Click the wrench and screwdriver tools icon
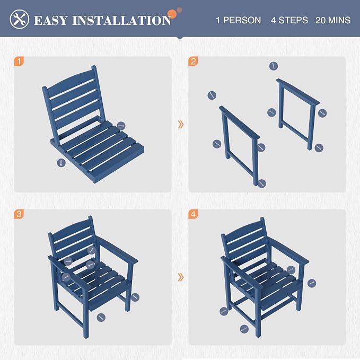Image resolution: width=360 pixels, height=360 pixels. click(20, 19)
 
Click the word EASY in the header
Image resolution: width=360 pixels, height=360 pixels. click(51, 20)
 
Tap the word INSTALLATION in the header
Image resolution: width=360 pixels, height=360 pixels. click(122, 20)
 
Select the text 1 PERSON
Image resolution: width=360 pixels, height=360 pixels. click(238, 20)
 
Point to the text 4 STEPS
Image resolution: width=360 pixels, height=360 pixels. click(289, 20)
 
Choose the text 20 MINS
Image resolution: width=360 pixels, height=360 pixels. click(333, 20)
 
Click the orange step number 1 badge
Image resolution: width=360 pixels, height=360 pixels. click(19, 62)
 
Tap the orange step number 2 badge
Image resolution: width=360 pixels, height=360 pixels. click(193, 62)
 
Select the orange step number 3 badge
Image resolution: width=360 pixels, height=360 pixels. click(19, 214)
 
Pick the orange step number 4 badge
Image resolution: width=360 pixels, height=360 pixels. click(193, 214)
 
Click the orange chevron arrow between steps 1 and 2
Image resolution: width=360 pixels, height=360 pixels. click(181, 125)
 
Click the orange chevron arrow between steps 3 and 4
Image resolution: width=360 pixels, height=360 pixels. click(181, 277)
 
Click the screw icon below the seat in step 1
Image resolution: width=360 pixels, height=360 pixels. click(62, 163)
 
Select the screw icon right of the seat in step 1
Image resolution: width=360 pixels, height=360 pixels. click(121, 126)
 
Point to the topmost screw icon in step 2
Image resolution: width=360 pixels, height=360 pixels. click(274, 66)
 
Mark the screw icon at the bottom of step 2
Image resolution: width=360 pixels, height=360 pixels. click(262, 183)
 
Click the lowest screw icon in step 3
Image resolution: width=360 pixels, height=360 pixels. click(101, 318)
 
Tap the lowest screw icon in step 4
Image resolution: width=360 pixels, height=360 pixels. click(244, 329)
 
